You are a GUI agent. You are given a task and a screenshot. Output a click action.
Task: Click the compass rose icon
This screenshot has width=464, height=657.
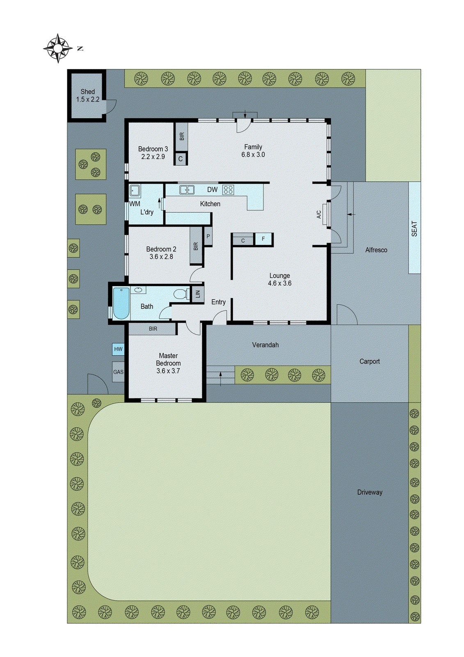58,48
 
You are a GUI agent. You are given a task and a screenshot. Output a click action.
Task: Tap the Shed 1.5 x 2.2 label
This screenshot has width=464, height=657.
87,96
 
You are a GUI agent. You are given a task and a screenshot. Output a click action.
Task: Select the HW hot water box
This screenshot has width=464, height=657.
118,349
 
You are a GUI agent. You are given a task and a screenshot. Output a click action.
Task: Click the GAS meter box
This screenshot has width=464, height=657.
118,372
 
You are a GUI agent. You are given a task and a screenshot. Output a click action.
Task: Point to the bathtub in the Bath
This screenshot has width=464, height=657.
121,303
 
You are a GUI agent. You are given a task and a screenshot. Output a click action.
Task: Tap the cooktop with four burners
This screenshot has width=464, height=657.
229,190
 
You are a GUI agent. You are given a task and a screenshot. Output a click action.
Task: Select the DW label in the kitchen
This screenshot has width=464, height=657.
212,190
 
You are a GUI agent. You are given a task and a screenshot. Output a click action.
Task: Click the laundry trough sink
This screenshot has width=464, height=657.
135,191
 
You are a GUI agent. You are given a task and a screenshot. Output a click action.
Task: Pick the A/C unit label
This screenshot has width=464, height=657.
319,214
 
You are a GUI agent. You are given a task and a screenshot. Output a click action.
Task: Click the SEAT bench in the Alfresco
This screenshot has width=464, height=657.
414,228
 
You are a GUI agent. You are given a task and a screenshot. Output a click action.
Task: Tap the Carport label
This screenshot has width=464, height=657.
369,361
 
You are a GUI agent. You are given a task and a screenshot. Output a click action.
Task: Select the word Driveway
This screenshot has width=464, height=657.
370,492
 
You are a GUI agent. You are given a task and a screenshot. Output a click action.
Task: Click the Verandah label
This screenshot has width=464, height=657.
265,345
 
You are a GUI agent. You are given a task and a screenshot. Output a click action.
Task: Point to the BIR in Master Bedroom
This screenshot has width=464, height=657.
153,329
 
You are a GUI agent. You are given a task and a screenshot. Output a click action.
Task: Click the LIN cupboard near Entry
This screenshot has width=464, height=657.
198,294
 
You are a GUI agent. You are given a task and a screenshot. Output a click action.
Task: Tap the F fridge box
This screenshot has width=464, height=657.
263,239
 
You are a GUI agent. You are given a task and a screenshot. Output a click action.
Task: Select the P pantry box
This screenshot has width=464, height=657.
208,237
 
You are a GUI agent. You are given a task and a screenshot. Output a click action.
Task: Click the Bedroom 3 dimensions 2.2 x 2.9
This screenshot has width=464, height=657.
153,157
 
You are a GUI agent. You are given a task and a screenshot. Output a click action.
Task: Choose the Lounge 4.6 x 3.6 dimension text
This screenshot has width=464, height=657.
279,283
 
